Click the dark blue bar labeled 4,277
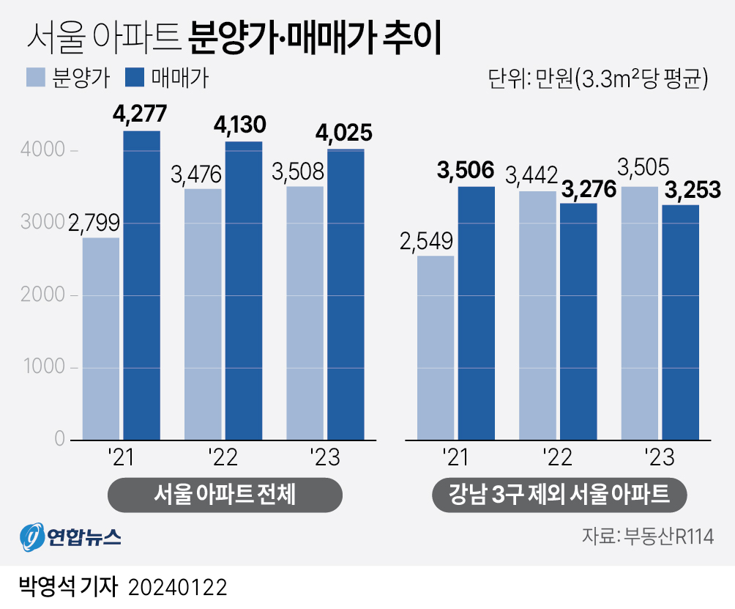tap(141, 286)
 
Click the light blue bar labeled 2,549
tap(436, 348)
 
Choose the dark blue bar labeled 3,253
tap(680, 322)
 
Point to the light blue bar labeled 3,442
tap(537, 316)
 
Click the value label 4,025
tap(344, 134)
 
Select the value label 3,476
tap(195, 175)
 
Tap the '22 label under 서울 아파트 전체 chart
tap(222, 459)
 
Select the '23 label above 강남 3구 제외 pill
tap(658, 459)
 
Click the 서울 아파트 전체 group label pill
tap(225, 495)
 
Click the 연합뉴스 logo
tap(70, 538)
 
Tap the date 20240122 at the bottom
tap(177, 587)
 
